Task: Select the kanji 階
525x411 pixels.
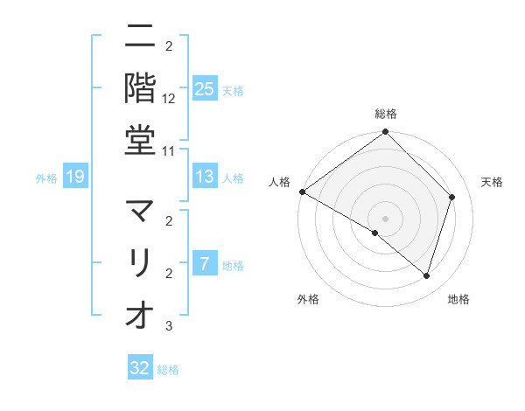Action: tap(140, 87)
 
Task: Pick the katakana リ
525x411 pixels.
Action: tap(140, 262)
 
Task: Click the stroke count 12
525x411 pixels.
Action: tap(169, 98)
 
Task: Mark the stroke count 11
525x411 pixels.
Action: tap(169, 150)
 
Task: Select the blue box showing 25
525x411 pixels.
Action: tap(205, 89)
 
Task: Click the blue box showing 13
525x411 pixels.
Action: tap(205, 178)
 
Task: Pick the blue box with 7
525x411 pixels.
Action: tap(205, 265)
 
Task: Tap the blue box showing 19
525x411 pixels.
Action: tap(75, 178)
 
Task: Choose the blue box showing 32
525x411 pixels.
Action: tap(140, 368)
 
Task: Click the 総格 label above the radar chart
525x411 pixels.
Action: tap(386, 115)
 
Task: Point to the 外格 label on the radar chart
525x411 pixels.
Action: tap(308, 300)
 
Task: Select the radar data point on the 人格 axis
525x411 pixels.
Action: tap(302, 192)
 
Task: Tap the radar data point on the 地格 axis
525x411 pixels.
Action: tap(427, 276)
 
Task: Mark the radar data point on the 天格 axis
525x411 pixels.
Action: tap(452, 197)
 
